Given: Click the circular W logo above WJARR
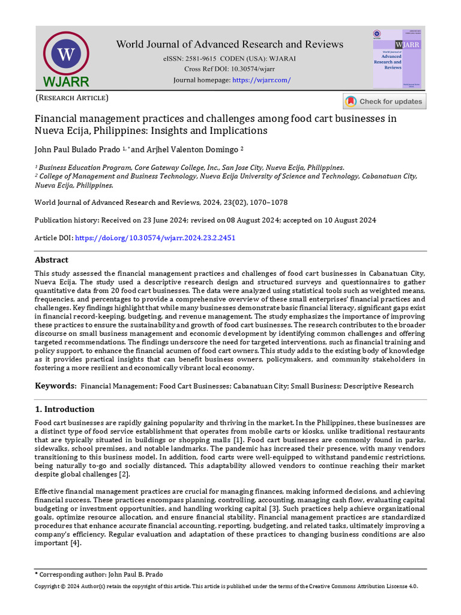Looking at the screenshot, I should (x=66, y=55).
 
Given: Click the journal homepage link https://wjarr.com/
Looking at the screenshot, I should (x=261, y=80).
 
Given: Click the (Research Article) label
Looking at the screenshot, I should (x=72, y=97).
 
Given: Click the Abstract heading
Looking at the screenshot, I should (x=52, y=260).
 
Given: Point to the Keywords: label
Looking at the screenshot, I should (x=55, y=386).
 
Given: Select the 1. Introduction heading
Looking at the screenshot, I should (x=65, y=409).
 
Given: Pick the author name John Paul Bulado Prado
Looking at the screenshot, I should (x=77, y=149).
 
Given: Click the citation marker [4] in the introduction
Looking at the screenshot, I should (x=75, y=544).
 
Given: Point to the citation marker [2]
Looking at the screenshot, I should (x=124, y=475).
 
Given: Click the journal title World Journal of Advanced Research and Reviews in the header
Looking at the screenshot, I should (x=230, y=44).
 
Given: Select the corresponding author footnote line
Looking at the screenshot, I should (x=99, y=575).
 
